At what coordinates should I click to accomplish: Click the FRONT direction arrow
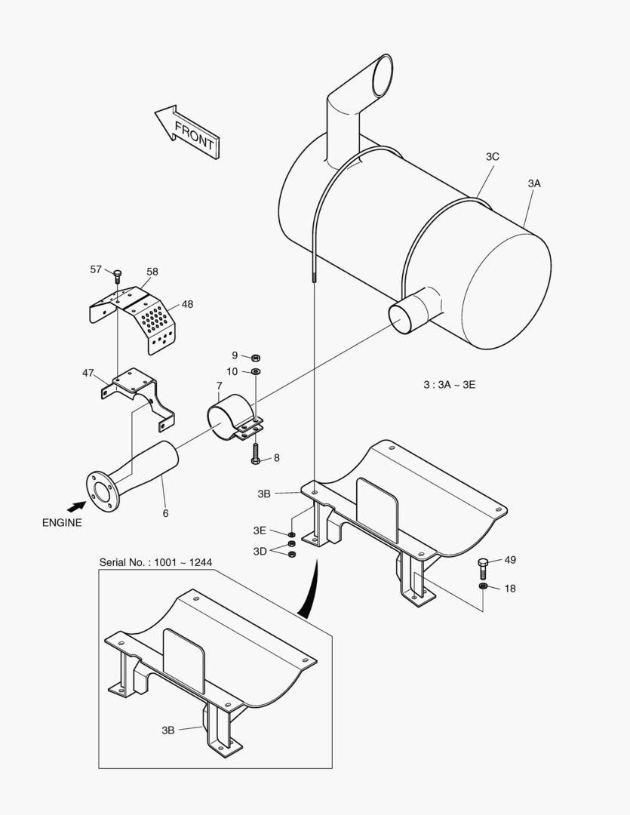(x=188, y=132)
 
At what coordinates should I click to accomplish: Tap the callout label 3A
(x=534, y=183)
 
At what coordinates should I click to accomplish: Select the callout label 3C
(x=492, y=157)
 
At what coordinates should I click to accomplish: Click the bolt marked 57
(x=118, y=274)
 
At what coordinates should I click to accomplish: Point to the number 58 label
(x=152, y=272)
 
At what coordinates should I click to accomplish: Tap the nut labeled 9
(x=255, y=357)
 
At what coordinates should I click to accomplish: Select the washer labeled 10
(x=255, y=372)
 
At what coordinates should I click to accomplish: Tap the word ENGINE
(x=62, y=522)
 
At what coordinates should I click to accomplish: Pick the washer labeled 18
(x=482, y=586)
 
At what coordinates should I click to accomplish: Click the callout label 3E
(x=260, y=530)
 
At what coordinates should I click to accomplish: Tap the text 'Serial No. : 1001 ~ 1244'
(x=155, y=563)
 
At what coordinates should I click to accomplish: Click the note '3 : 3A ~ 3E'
(x=449, y=384)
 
